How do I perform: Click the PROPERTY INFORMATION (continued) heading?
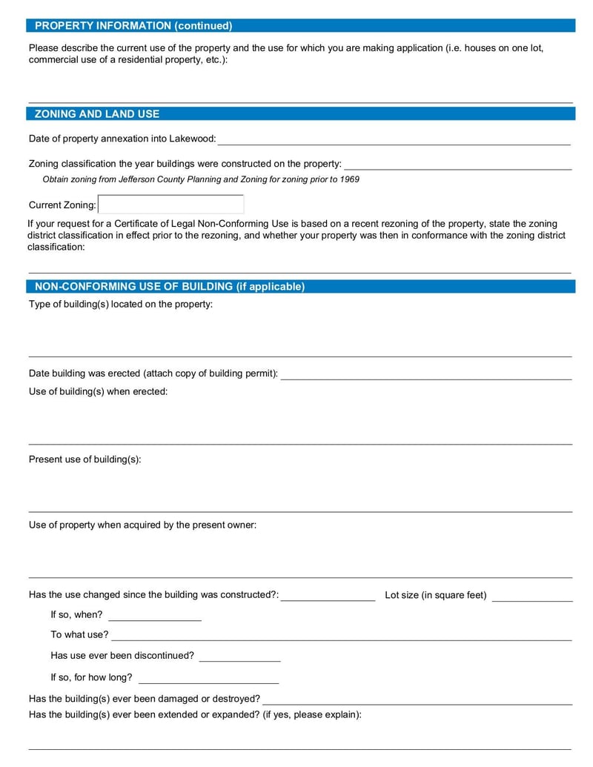click(133, 26)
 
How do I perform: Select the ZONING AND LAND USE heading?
click(97, 114)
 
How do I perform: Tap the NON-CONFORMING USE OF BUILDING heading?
click(170, 287)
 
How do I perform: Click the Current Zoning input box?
click(170, 205)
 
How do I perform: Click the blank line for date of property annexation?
click(394, 139)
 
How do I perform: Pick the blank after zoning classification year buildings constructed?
click(457, 164)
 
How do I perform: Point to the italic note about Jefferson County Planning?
click(201, 179)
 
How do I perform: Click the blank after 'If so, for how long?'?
click(208, 678)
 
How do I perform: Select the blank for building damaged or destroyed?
click(417, 699)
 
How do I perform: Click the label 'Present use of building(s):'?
click(85, 459)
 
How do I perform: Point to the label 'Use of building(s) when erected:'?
click(98, 391)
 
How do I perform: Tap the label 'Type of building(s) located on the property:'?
click(121, 305)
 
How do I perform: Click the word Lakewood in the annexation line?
click(192, 139)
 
